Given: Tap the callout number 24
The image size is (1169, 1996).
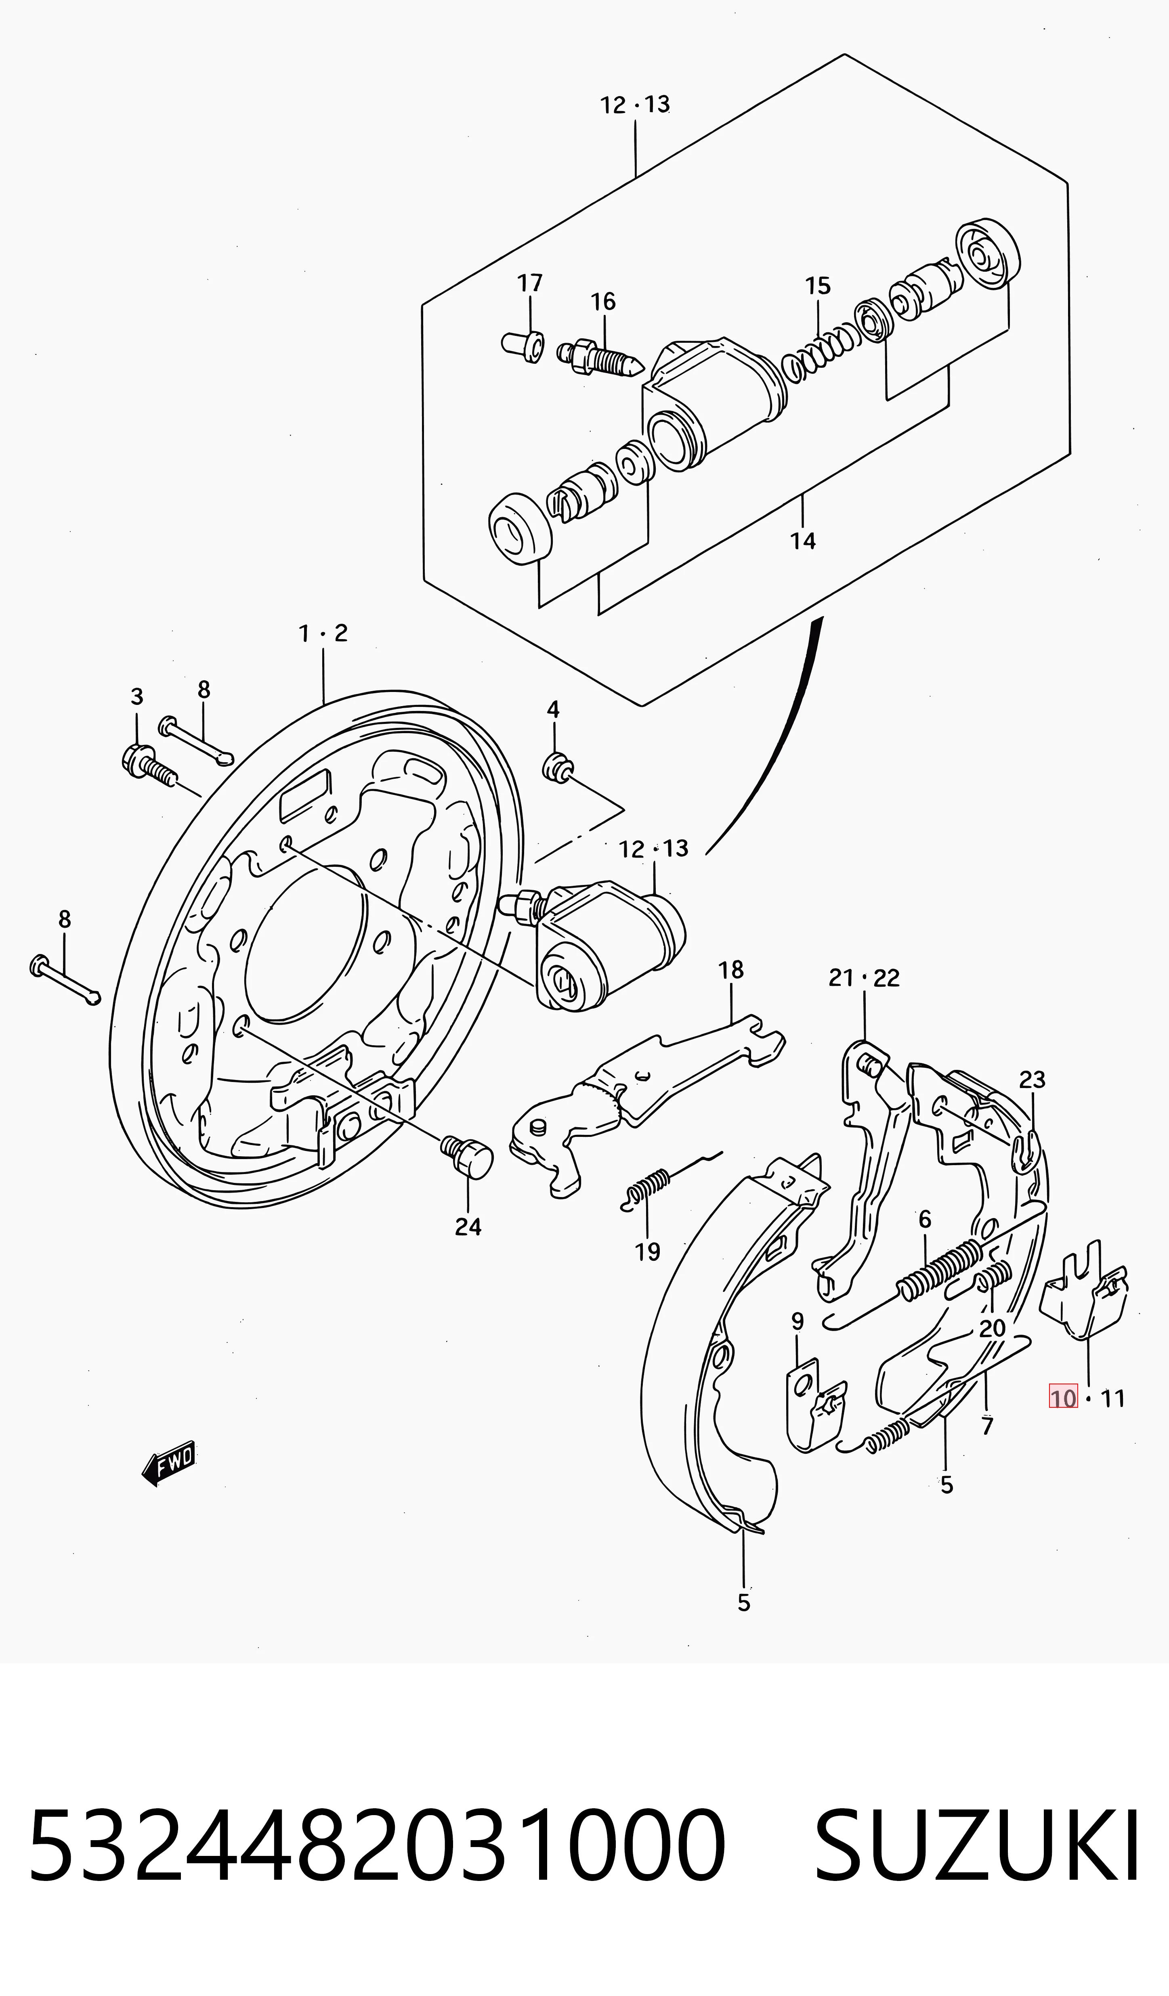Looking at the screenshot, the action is (x=468, y=1227).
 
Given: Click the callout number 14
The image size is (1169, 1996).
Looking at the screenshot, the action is (x=802, y=541).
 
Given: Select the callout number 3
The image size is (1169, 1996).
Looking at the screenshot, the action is (x=137, y=697).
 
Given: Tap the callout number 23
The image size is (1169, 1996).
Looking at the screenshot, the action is (x=1032, y=1080).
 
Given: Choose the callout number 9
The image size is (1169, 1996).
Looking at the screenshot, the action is (x=798, y=1321).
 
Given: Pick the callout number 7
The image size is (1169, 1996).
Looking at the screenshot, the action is (x=987, y=1426).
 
